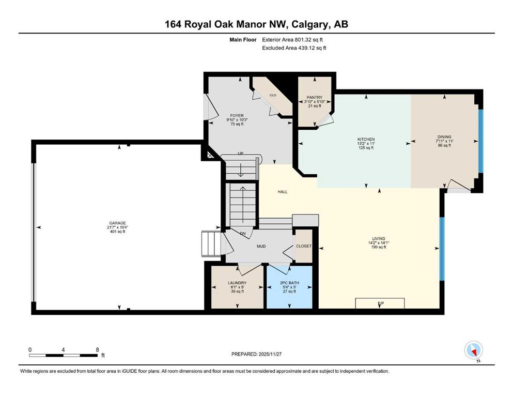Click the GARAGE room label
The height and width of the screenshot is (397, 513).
tap(117, 223)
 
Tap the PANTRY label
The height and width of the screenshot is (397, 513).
tap(315, 98)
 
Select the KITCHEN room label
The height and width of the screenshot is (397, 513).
tap(366, 140)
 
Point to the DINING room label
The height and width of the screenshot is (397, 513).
tap(444, 137)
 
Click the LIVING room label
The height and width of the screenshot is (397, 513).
tap(379, 239)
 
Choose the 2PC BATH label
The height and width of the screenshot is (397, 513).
tap(289, 283)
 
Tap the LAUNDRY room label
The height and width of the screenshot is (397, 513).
tap(237, 283)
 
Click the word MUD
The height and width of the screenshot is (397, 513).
tap(261, 246)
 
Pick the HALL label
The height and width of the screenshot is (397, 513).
tap(283, 192)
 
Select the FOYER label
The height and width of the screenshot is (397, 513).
tap(237, 115)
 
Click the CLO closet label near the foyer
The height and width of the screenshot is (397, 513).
tap(273, 95)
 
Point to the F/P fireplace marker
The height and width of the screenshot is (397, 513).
tap(381, 303)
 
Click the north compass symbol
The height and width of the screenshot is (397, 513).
tap(473, 350)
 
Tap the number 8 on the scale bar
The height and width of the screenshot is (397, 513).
tap(98, 349)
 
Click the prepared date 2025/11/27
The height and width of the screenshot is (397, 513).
tap(270, 354)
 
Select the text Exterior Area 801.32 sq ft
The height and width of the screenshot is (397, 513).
tap(292, 40)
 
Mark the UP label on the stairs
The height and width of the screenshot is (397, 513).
tap(240, 153)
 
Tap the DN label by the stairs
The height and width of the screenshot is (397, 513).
tap(243, 233)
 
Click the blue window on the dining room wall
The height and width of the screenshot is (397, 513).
tap(480, 141)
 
